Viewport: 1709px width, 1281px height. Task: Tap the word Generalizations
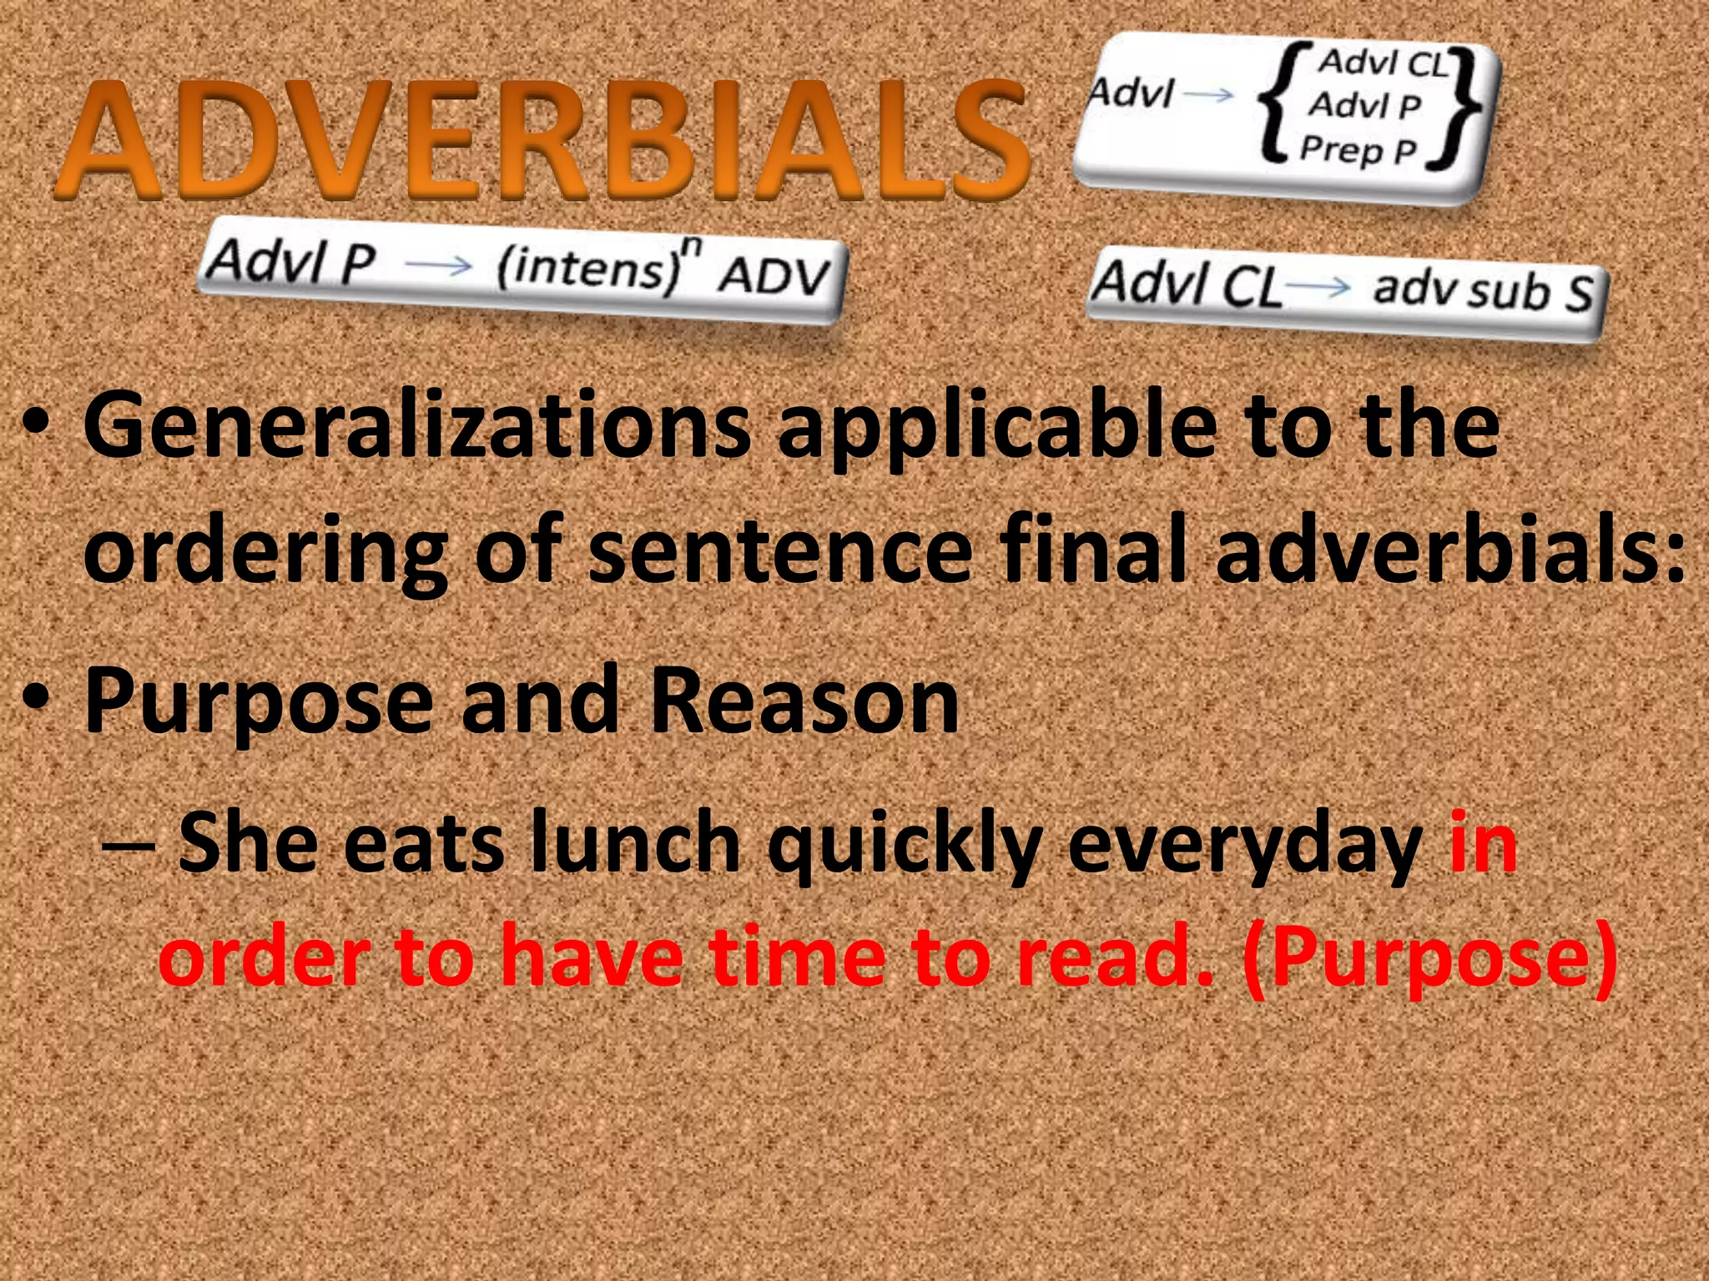[416, 427]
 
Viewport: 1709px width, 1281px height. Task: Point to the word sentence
[780, 550]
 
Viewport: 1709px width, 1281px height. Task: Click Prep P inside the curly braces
[1359, 150]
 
